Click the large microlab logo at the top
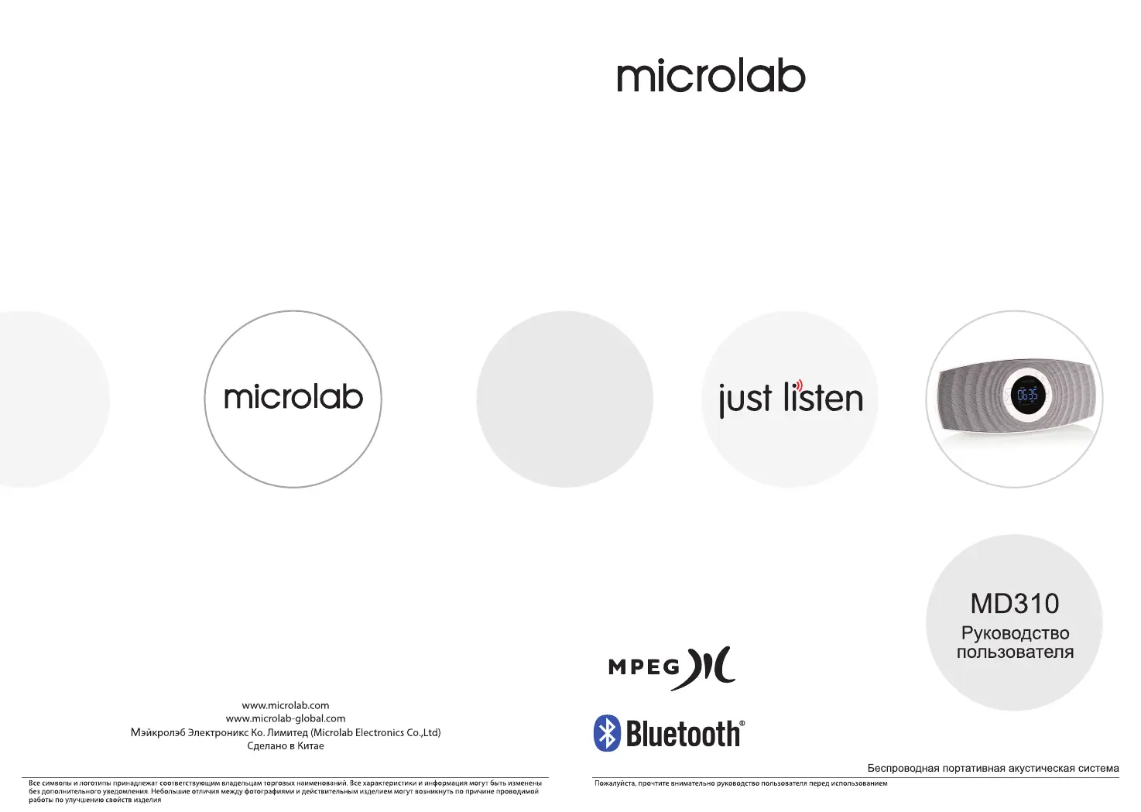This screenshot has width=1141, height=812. tap(711, 77)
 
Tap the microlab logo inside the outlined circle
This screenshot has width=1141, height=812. tap(293, 397)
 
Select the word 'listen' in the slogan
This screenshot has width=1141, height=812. tap(823, 396)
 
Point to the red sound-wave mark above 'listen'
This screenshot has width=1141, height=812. tap(799, 385)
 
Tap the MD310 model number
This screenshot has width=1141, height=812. tap(1015, 604)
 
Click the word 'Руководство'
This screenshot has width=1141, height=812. tap(1015, 633)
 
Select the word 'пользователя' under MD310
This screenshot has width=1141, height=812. tap(1015, 652)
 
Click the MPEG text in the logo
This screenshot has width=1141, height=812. tap(644, 666)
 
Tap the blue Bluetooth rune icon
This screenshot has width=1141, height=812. tap(607, 732)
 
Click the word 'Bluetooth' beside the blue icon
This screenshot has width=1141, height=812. tap(684, 734)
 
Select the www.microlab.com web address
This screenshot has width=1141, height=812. tap(285, 705)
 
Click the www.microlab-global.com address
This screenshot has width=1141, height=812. tap(285, 719)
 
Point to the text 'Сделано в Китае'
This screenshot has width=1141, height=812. tap(285, 745)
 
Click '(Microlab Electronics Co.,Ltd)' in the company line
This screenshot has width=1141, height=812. tap(375, 732)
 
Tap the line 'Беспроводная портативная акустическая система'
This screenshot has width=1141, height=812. tap(993, 768)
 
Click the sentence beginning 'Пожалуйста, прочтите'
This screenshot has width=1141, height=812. tap(741, 783)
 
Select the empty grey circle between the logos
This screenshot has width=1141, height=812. tap(564, 399)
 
